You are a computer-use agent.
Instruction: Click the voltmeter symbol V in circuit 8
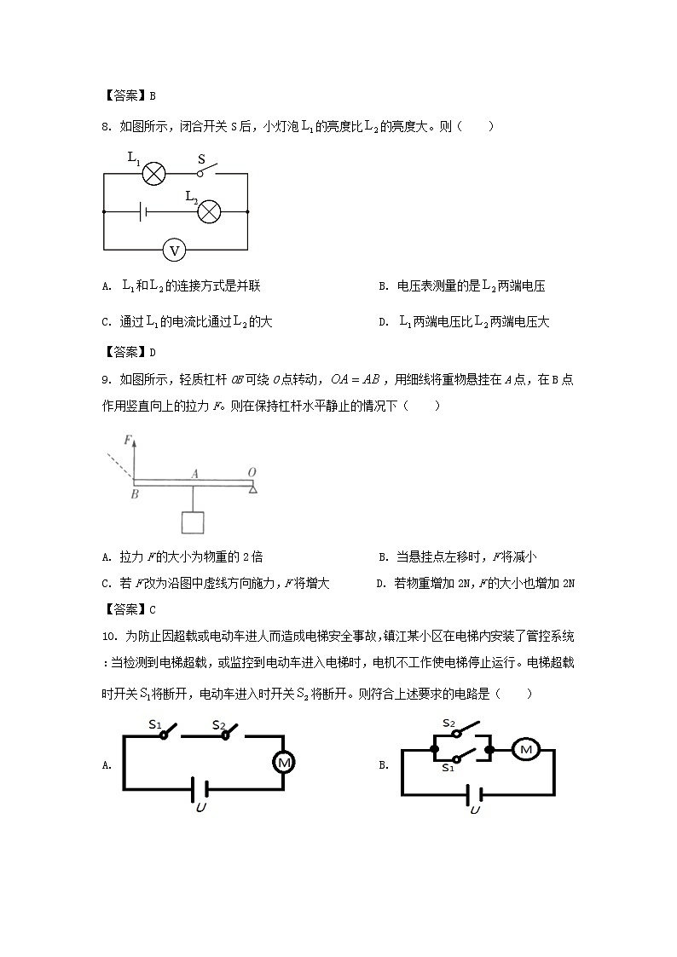[x=175, y=250]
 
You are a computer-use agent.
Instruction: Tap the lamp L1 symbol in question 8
[x=153, y=174]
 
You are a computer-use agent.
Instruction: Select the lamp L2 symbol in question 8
[x=209, y=211]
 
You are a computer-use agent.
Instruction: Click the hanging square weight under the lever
[x=194, y=524]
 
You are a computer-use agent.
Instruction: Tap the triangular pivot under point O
[x=252, y=487]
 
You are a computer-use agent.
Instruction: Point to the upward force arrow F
[x=134, y=456]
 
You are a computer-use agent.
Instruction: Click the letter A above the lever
[x=194, y=472]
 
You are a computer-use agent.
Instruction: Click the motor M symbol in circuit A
[x=283, y=762]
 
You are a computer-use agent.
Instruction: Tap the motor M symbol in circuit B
[x=525, y=749]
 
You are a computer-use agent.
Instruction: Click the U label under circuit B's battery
[x=474, y=809]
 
